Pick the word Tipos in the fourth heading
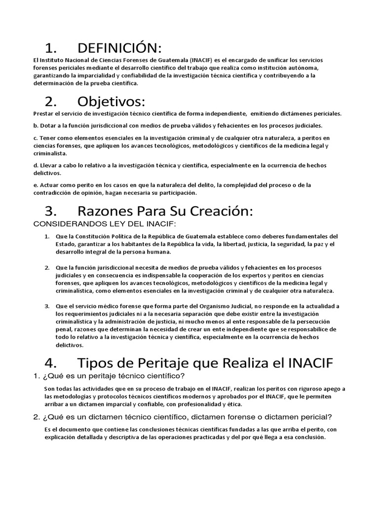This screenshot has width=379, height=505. pos(96,363)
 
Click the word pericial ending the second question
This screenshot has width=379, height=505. pos(315,417)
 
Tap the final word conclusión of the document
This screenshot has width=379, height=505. pos(305,437)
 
